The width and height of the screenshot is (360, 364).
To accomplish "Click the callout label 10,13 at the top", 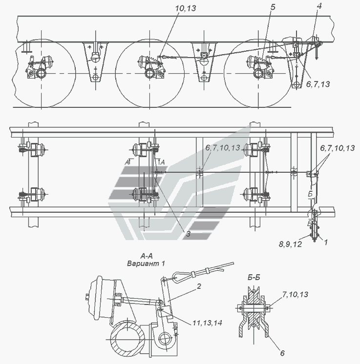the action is coord(186,8).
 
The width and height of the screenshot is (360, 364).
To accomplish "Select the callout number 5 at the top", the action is coord(273,7).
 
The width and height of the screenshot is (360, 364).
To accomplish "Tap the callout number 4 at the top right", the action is coord(319,6).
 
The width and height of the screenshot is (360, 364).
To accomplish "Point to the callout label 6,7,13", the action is coord(318,84).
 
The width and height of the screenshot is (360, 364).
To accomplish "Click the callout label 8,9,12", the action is coord(290,244).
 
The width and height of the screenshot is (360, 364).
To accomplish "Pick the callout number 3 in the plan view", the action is coord(188,234).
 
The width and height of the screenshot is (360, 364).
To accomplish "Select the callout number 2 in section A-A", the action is coord(199,286).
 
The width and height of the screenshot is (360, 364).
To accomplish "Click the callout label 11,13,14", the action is coord(207,323).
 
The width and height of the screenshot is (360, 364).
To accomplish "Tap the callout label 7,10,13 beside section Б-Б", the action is coord(295,295).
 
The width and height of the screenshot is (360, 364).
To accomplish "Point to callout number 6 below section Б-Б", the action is coord(282,353).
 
